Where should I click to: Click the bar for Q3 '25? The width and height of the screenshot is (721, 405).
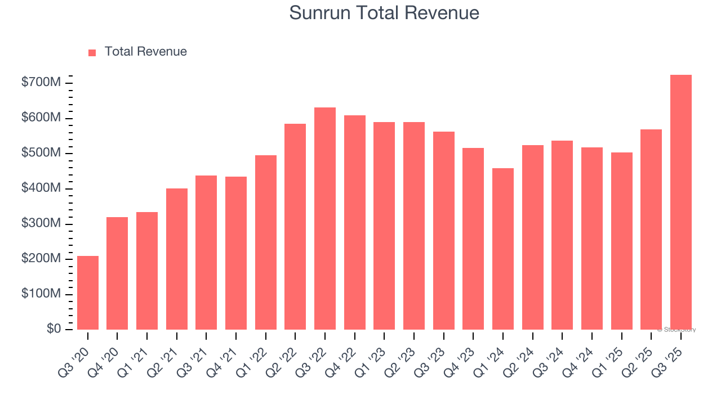tap(680, 202)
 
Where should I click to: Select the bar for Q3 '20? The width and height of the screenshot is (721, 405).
tap(88, 292)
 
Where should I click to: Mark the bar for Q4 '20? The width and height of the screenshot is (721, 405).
tap(117, 273)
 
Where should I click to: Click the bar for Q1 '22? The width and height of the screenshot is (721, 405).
tap(265, 242)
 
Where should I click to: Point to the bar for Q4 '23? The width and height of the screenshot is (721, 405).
tap(473, 238)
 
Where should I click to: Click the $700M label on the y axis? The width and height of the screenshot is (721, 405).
tap(41, 83)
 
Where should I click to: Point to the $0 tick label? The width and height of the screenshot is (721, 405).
tap(54, 329)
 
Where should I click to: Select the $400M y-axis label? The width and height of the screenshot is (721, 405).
tap(41, 188)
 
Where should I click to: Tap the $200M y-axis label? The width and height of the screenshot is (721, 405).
tap(41, 259)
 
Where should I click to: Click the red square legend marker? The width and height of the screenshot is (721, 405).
tap(92, 52)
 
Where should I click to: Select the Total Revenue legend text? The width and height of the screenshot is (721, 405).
tap(145, 52)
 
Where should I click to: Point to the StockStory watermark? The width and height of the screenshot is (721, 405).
tap(677, 330)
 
